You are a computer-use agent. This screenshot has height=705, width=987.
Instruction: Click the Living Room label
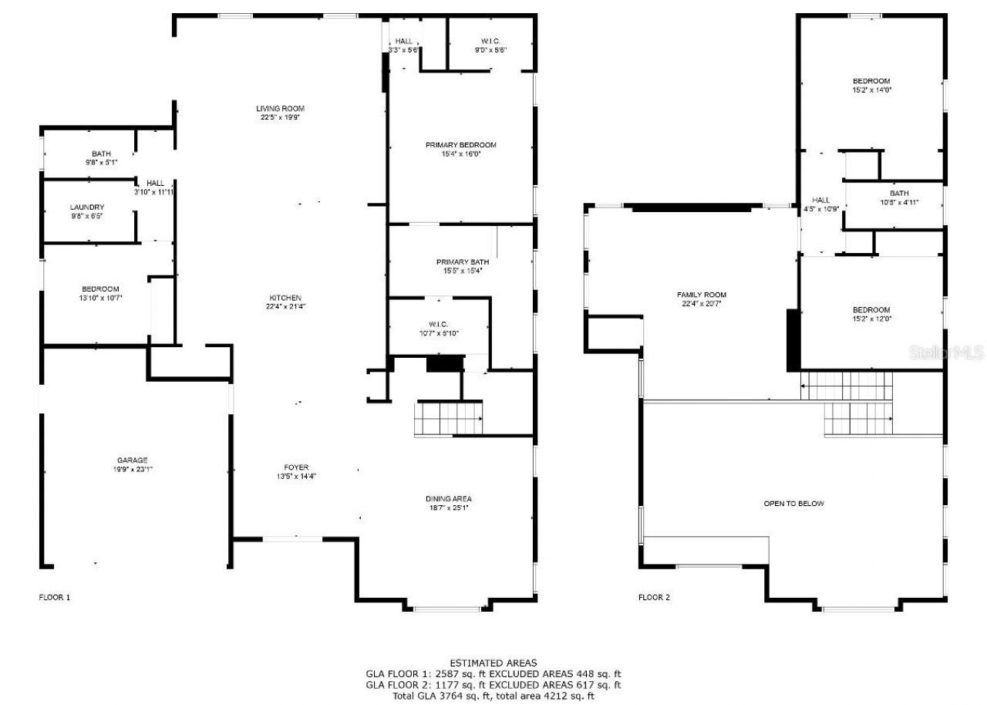(x=280, y=109)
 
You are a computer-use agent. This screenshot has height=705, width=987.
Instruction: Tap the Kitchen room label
(x=285, y=298)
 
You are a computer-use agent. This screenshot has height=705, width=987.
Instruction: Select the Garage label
(x=133, y=460)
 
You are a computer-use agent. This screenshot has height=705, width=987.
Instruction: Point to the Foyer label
(x=296, y=467)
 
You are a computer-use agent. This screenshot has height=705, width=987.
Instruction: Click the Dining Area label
(x=448, y=498)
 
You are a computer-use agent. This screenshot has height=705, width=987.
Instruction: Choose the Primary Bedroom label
(x=460, y=145)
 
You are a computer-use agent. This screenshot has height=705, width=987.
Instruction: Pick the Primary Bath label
(x=462, y=262)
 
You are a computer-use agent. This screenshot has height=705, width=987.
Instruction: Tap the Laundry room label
(x=87, y=207)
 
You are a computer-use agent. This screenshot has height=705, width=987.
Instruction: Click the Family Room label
(x=701, y=295)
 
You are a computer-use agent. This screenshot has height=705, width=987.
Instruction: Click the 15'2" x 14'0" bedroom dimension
(x=871, y=90)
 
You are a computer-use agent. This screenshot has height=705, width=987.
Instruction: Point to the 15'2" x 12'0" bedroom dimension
(x=871, y=319)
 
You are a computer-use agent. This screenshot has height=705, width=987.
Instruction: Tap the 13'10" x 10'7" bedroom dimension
(x=100, y=297)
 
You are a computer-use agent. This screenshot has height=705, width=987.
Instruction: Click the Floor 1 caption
(x=55, y=597)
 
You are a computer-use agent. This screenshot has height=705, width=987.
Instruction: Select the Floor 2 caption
(x=654, y=597)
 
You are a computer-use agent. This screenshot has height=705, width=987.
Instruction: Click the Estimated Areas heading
(x=493, y=663)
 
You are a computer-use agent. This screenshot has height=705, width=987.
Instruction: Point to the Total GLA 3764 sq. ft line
(x=493, y=696)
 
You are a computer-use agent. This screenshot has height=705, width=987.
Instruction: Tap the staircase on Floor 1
(x=449, y=419)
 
